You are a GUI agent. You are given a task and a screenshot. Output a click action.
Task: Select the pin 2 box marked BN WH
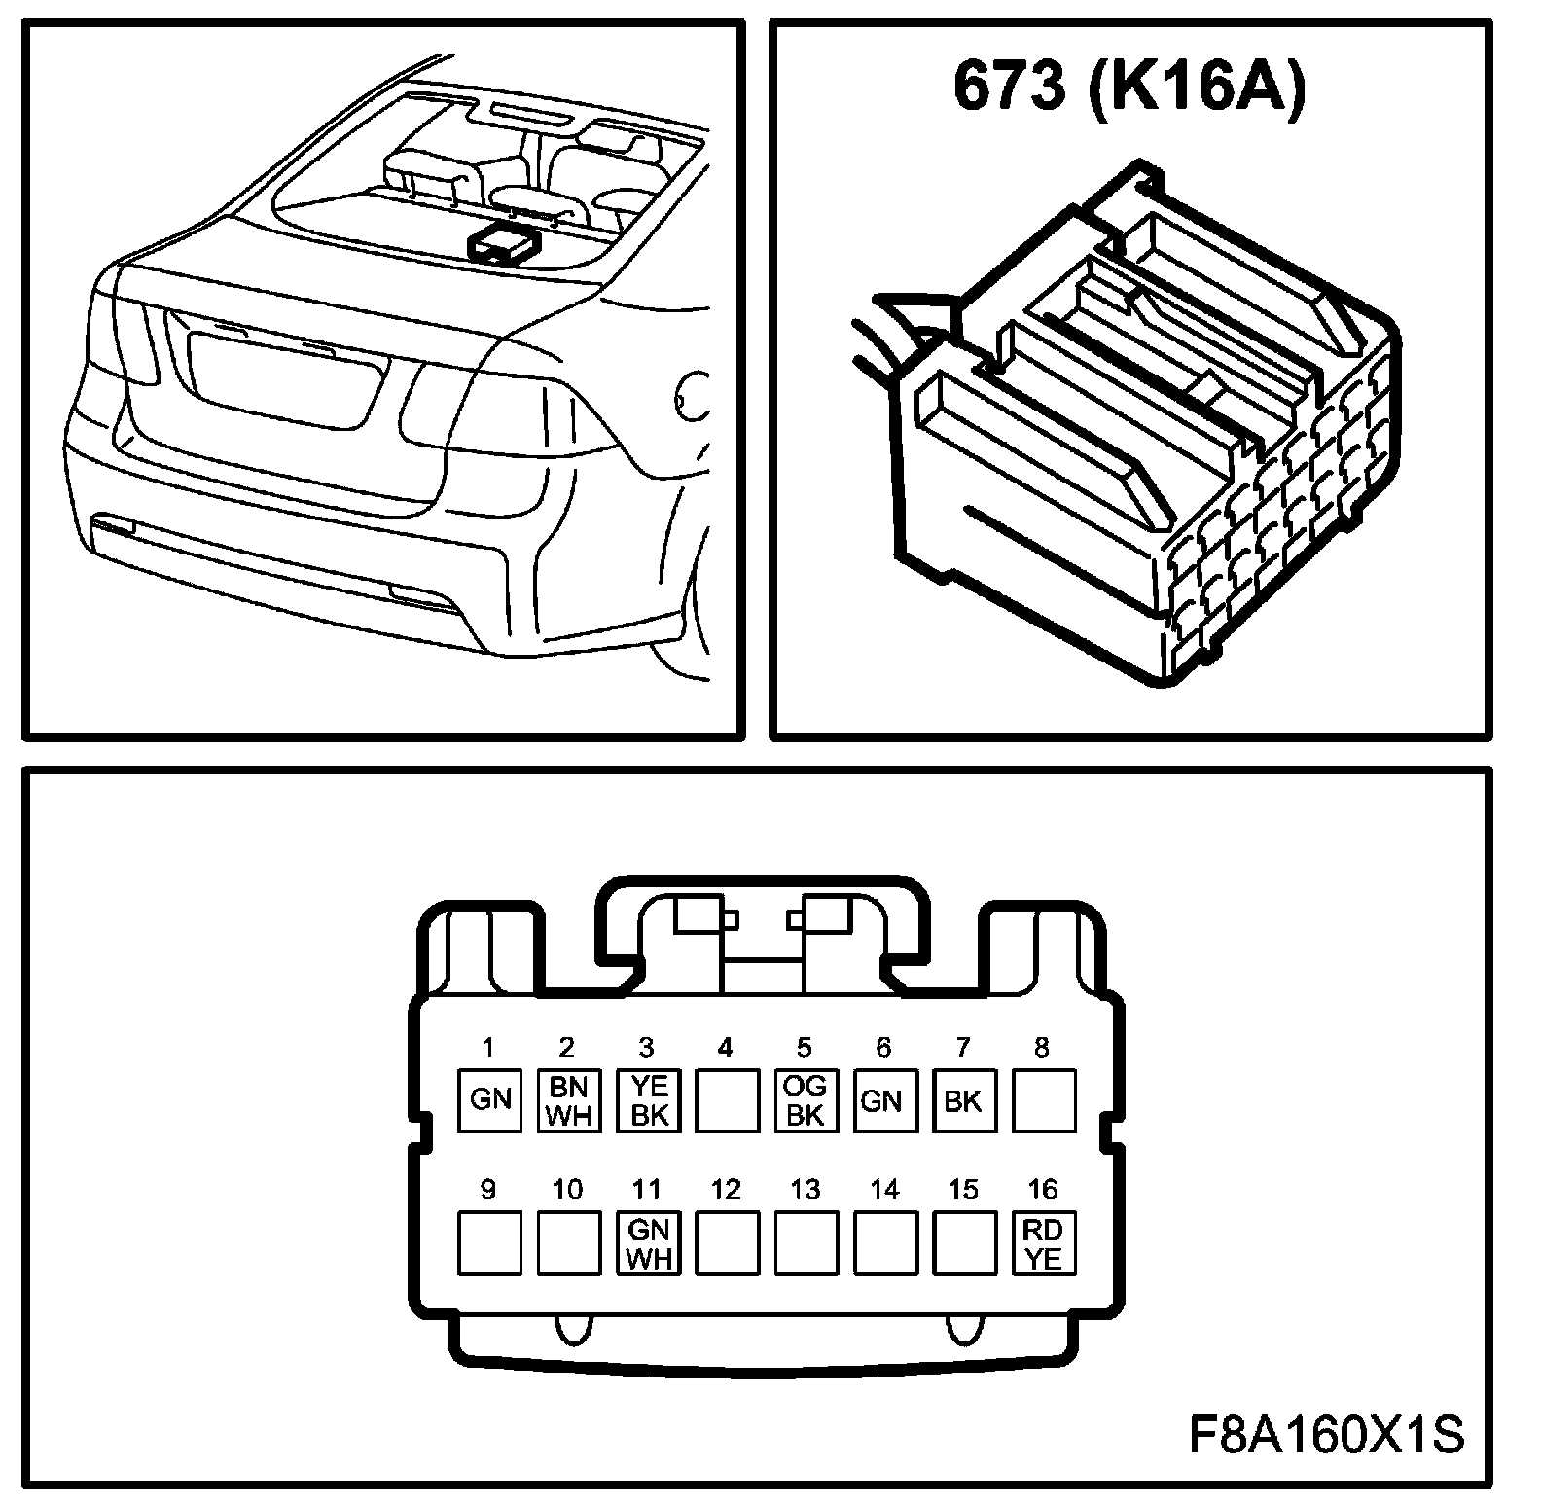pyautogui.click(x=569, y=1100)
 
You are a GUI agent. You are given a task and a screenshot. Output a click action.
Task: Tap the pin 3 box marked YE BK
pyautogui.click(x=648, y=1100)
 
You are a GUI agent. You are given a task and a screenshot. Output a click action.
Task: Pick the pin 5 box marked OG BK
pyautogui.click(x=806, y=1100)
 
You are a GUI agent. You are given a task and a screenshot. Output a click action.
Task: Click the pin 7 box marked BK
pyautogui.click(x=964, y=1100)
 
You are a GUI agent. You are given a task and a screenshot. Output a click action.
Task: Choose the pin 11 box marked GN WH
pyautogui.click(x=648, y=1242)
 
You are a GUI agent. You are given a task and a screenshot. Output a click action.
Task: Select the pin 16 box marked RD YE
pyautogui.click(x=1044, y=1242)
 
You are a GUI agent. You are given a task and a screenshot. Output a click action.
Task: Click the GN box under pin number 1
pyautogui.click(x=489, y=1100)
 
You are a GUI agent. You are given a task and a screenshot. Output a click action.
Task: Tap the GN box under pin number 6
pyautogui.click(x=885, y=1100)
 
